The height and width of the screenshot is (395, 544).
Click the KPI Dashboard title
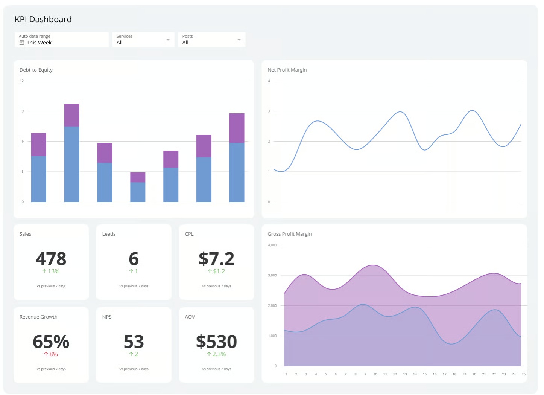click(43, 20)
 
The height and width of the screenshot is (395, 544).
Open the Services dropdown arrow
click(168, 40)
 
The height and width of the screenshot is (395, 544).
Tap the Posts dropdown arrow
click(239, 40)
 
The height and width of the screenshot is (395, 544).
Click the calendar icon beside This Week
click(22, 43)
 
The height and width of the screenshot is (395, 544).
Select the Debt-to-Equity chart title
click(36, 70)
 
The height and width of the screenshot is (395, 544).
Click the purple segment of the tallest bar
click(72, 115)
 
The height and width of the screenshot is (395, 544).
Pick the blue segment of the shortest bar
click(138, 192)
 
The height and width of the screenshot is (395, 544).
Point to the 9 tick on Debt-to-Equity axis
click(23, 111)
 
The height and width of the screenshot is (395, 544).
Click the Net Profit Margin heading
click(287, 70)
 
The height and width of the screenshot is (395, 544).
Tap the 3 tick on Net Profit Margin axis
click(269, 111)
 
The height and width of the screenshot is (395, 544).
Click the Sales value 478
click(51, 259)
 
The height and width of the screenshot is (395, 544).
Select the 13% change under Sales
click(51, 271)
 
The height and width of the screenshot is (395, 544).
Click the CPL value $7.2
click(217, 259)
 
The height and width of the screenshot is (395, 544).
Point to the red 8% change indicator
click(51, 354)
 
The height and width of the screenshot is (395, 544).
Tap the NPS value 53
click(134, 342)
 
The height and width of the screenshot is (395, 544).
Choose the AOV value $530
click(217, 342)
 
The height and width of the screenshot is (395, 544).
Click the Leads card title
click(109, 234)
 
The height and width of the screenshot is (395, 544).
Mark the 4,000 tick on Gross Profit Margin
click(272, 245)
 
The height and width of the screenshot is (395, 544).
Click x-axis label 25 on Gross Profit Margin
click(524, 375)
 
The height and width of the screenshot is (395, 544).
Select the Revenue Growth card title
click(38, 317)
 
